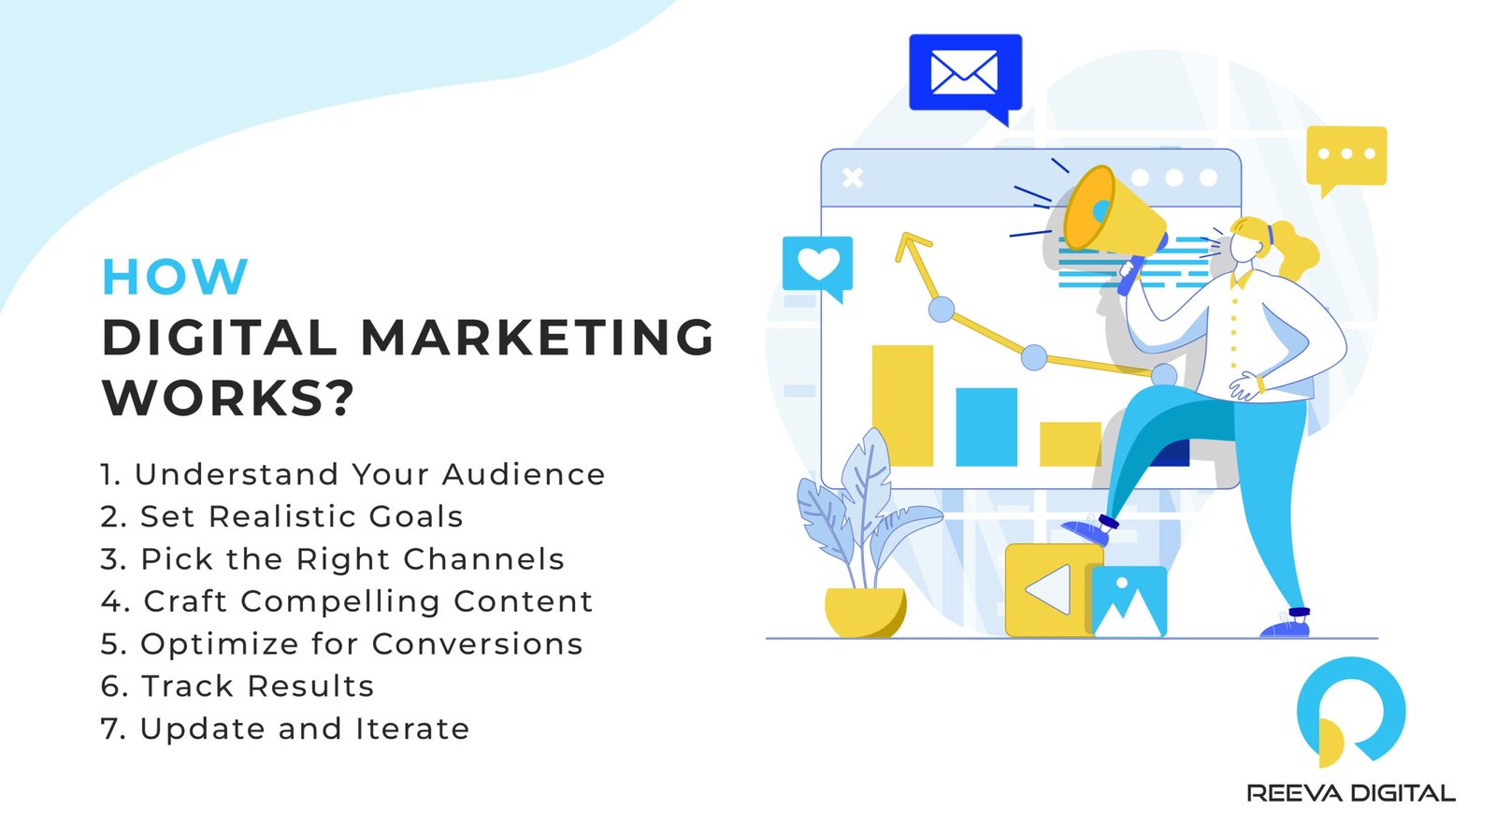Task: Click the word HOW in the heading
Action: (x=175, y=277)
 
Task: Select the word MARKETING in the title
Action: (x=538, y=338)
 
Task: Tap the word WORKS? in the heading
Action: (x=228, y=397)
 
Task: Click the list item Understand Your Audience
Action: (x=352, y=474)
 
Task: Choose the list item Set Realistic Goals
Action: (x=282, y=516)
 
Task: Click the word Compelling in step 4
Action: (x=339, y=601)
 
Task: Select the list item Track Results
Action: (x=237, y=686)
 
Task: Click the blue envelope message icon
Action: (x=965, y=74)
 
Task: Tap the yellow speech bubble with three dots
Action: (x=1345, y=155)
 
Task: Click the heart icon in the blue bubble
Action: (x=818, y=265)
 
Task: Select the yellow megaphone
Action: (x=1113, y=217)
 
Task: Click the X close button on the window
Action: (x=852, y=178)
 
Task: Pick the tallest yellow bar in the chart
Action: (x=902, y=405)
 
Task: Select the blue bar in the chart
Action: (x=985, y=426)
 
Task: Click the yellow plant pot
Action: (x=865, y=612)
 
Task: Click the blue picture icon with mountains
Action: (x=1129, y=601)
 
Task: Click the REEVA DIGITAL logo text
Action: (x=1351, y=793)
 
